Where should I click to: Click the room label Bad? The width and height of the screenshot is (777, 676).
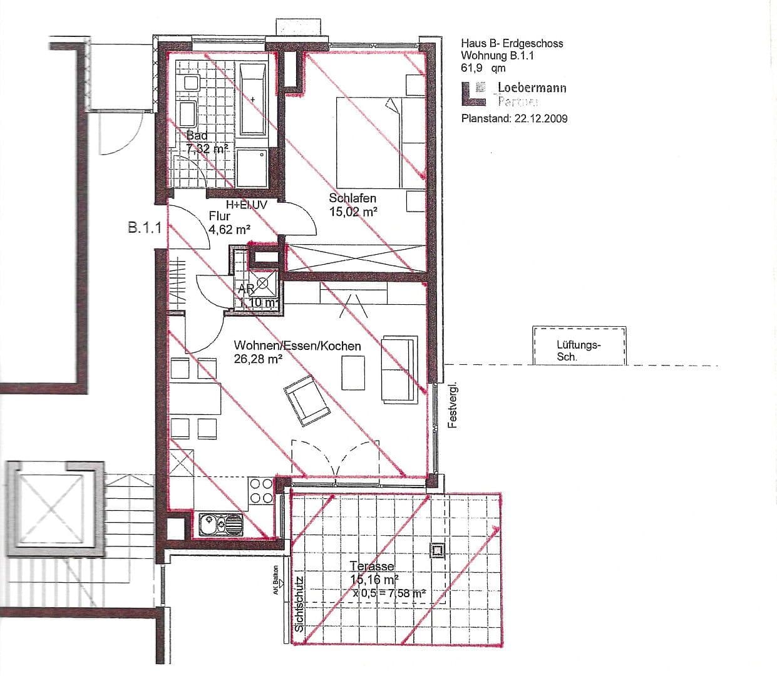[x=197, y=136]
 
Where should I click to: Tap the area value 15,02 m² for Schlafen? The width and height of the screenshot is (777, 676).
[x=353, y=212]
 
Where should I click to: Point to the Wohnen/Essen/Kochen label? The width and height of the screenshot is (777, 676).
[x=297, y=346]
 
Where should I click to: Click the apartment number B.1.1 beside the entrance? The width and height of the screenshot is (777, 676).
[x=145, y=228]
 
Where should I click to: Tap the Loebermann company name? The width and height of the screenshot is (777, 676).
[x=532, y=88]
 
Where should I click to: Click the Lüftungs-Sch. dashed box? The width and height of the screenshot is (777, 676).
[x=579, y=346]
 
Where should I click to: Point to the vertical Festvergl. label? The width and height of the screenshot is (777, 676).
[x=454, y=405]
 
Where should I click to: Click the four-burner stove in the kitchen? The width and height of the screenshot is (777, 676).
[x=261, y=491]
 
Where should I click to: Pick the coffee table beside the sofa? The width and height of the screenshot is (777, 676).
[x=353, y=373]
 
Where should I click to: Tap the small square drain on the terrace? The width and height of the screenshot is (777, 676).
[x=436, y=551]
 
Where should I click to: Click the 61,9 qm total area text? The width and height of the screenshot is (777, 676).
[x=483, y=68]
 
